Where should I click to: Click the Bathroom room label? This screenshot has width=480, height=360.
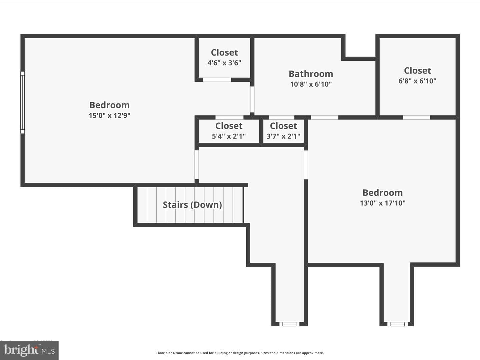(x=311, y=74)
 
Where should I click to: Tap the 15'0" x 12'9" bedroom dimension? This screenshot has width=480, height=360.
(x=110, y=115)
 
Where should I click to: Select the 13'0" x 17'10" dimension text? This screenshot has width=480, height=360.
(x=382, y=203)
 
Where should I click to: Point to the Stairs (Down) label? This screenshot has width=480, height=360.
(x=192, y=205)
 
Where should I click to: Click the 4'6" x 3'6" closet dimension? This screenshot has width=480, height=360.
(x=224, y=63)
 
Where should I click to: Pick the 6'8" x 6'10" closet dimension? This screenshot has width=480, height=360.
(x=417, y=81)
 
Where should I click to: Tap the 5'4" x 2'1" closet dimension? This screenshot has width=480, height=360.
(x=229, y=136)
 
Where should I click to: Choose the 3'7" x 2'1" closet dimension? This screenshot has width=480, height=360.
(x=283, y=136)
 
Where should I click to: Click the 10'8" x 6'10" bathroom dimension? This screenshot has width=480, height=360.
(x=311, y=84)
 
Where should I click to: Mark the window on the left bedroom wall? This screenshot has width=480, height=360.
(x=23, y=102)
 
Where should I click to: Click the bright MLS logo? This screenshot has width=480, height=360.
(x=29, y=350)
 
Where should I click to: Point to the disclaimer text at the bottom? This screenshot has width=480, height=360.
(x=240, y=353)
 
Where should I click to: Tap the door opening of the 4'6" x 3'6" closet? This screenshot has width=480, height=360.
(x=217, y=80)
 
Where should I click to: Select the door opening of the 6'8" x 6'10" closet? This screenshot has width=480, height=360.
(x=416, y=117)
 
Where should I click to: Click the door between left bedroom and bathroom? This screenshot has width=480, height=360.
(x=252, y=99)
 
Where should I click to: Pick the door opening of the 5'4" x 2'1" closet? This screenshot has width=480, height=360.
(x=229, y=117)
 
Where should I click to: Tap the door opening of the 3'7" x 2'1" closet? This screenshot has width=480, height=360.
(x=281, y=117)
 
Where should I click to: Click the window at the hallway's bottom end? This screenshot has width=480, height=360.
(x=289, y=324)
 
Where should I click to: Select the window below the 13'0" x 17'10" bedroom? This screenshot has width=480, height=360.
(x=398, y=324)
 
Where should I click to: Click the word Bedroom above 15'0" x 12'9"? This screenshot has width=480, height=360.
(x=110, y=105)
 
